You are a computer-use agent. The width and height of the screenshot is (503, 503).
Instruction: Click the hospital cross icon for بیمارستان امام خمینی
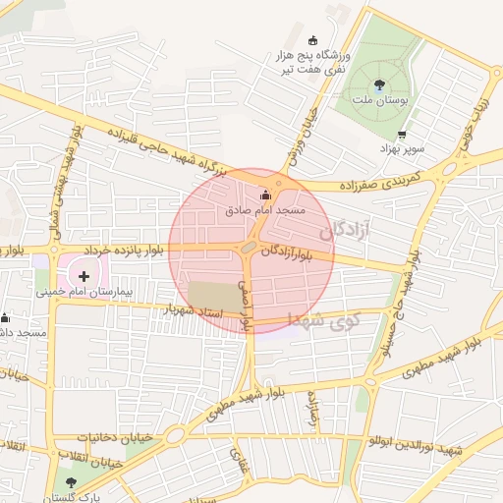point(84,276)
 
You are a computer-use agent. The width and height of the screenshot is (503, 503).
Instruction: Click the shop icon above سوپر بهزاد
point(401,135)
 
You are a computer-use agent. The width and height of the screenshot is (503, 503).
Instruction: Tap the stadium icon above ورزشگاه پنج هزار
point(313,40)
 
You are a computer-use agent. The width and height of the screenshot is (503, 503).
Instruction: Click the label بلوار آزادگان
point(293,253)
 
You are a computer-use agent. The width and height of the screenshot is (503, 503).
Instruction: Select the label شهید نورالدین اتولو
point(414,448)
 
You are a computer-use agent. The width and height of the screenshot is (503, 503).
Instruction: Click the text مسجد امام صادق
point(264,211)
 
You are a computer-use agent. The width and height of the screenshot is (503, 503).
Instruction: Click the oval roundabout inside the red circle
point(250,251)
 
